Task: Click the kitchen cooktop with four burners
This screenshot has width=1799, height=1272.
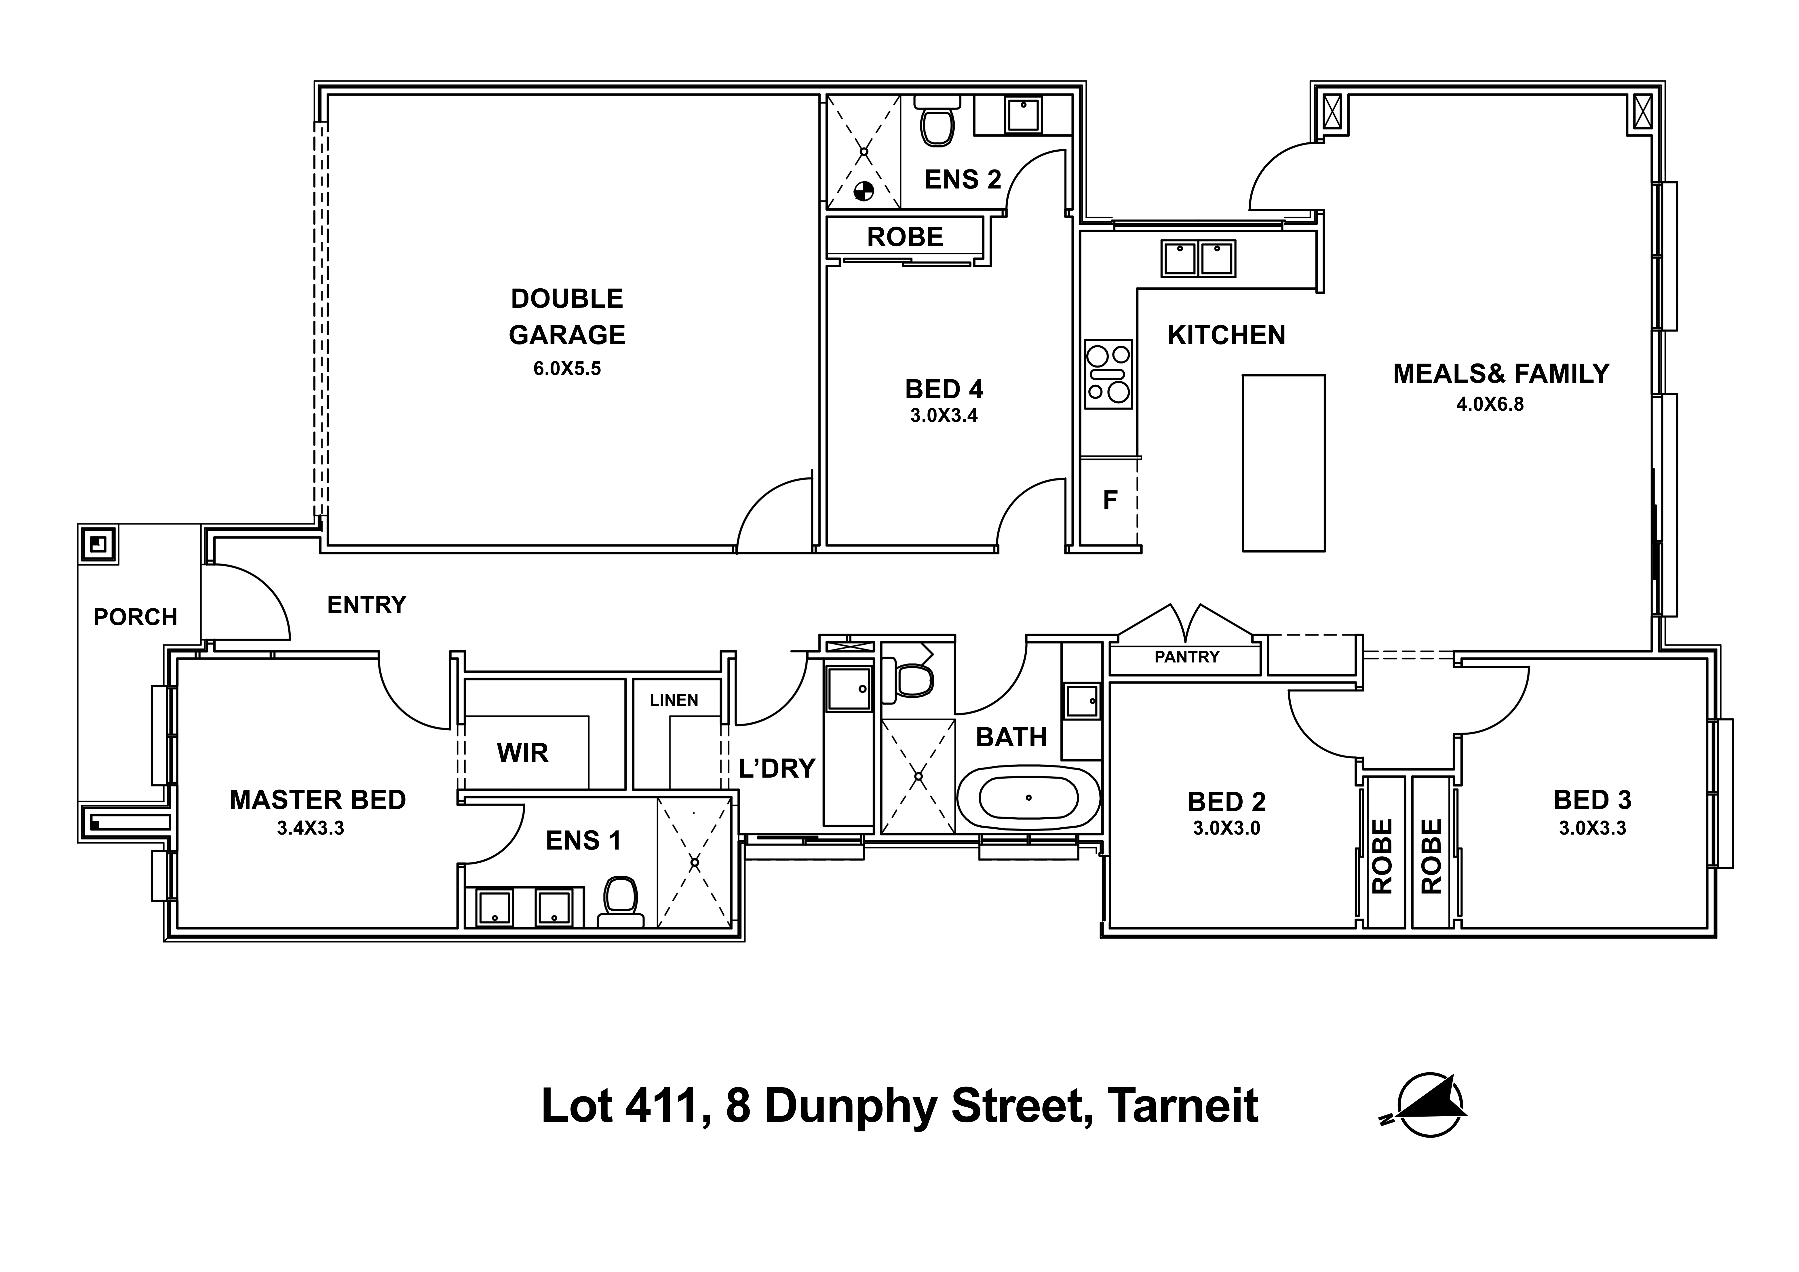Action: pyautogui.click(x=1108, y=374)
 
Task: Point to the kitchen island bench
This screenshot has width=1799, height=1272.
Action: pyautogui.click(x=1283, y=463)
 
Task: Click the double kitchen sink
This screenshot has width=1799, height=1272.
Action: pyautogui.click(x=1198, y=258)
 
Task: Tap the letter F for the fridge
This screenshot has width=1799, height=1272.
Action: pyautogui.click(x=1110, y=500)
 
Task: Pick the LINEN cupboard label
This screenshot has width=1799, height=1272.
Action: pyautogui.click(x=674, y=700)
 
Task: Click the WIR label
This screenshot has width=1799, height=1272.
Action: pyautogui.click(x=523, y=753)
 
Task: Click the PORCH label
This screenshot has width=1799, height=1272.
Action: pyautogui.click(x=136, y=617)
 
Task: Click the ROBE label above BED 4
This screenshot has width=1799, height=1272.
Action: pyautogui.click(x=905, y=237)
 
